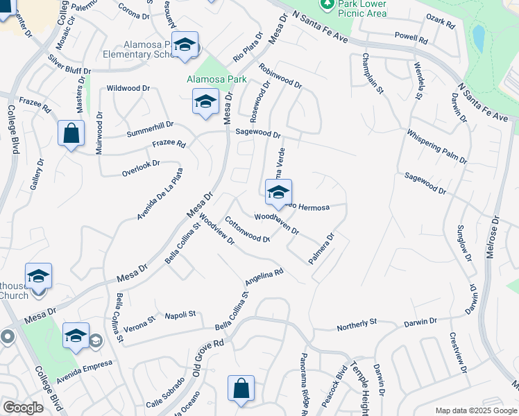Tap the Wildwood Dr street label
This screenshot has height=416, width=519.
click(128, 89)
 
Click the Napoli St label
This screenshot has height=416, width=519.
click(181, 315)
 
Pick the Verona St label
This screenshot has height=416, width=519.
click(139, 323)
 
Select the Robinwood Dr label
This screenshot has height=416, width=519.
click(280, 76)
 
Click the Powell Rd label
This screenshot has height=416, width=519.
click(411, 37)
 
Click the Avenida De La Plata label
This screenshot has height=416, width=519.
click(160, 194)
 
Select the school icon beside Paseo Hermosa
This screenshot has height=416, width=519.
click(278, 193)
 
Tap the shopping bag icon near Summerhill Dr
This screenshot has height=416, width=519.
click(71, 133)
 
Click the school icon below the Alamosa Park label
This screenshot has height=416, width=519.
click(205, 103)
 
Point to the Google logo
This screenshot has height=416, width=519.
click(23, 408)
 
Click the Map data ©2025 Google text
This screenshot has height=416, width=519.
click(475, 410)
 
